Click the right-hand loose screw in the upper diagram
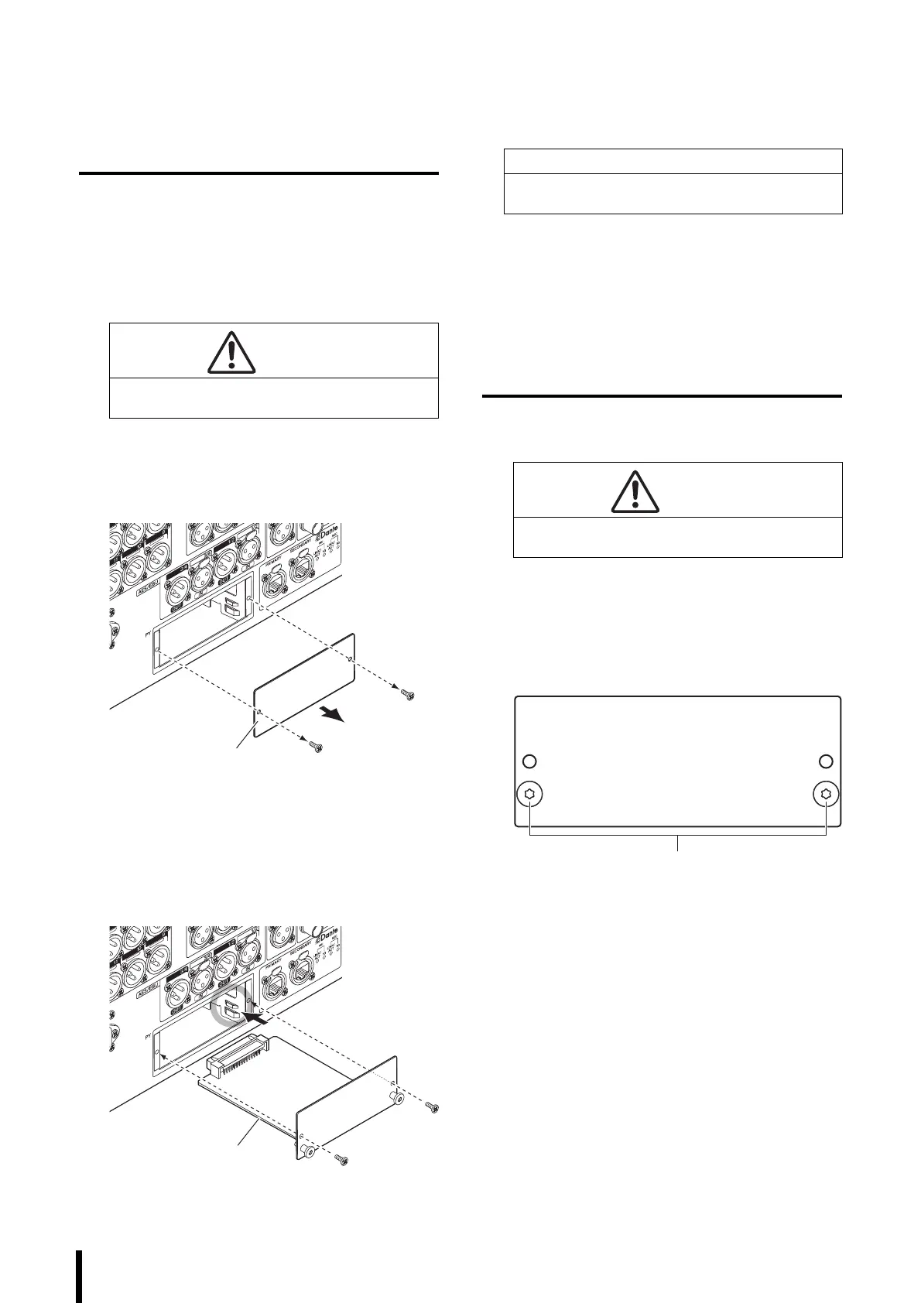click(x=408, y=694)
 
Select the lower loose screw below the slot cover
click(x=315, y=747)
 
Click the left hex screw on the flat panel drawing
click(x=529, y=794)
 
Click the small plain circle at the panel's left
click(x=529, y=761)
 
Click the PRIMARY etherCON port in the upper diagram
click(x=274, y=581)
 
